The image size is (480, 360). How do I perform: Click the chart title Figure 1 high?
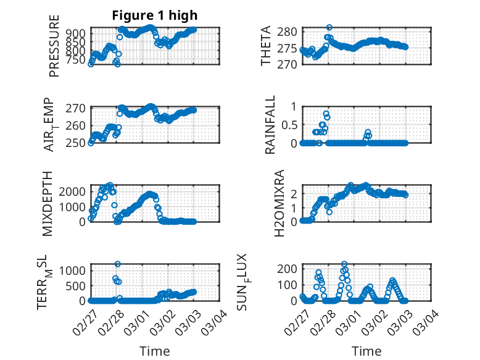tap(155, 15)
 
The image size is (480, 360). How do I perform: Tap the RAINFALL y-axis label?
tap(270, 125)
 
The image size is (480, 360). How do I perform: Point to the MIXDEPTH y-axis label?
tap(48, 204)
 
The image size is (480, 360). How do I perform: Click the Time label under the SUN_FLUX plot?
tap(366, 351)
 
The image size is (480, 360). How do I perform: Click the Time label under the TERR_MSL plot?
tap(155, 351)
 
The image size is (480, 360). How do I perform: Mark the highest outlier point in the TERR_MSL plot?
tap(117, 264)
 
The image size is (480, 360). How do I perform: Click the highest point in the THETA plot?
tap(329, 28)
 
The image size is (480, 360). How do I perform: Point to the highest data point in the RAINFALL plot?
tap(326, 114)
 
